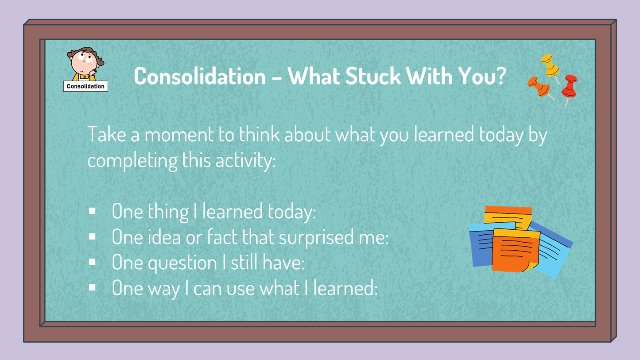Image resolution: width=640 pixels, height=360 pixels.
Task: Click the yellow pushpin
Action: (x=550, y=64)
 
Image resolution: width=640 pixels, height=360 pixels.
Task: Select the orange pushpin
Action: (x=538, y=86)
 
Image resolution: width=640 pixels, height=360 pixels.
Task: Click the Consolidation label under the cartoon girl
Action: (x=85, y=86)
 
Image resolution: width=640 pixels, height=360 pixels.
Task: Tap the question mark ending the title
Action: (x=500, y=76)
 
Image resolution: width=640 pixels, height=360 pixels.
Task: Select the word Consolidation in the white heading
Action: (x=200, y=76)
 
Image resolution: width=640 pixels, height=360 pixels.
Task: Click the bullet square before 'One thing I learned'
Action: (x=92, y=211)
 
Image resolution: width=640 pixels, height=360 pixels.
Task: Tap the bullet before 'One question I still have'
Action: (x=92, y=262)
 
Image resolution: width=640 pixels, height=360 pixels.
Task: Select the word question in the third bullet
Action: (x=181, y=263)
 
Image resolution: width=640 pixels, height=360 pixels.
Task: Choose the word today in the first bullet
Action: (x=291, y=212)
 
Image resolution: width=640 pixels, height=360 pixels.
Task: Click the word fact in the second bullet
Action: (x=223, y=237)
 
